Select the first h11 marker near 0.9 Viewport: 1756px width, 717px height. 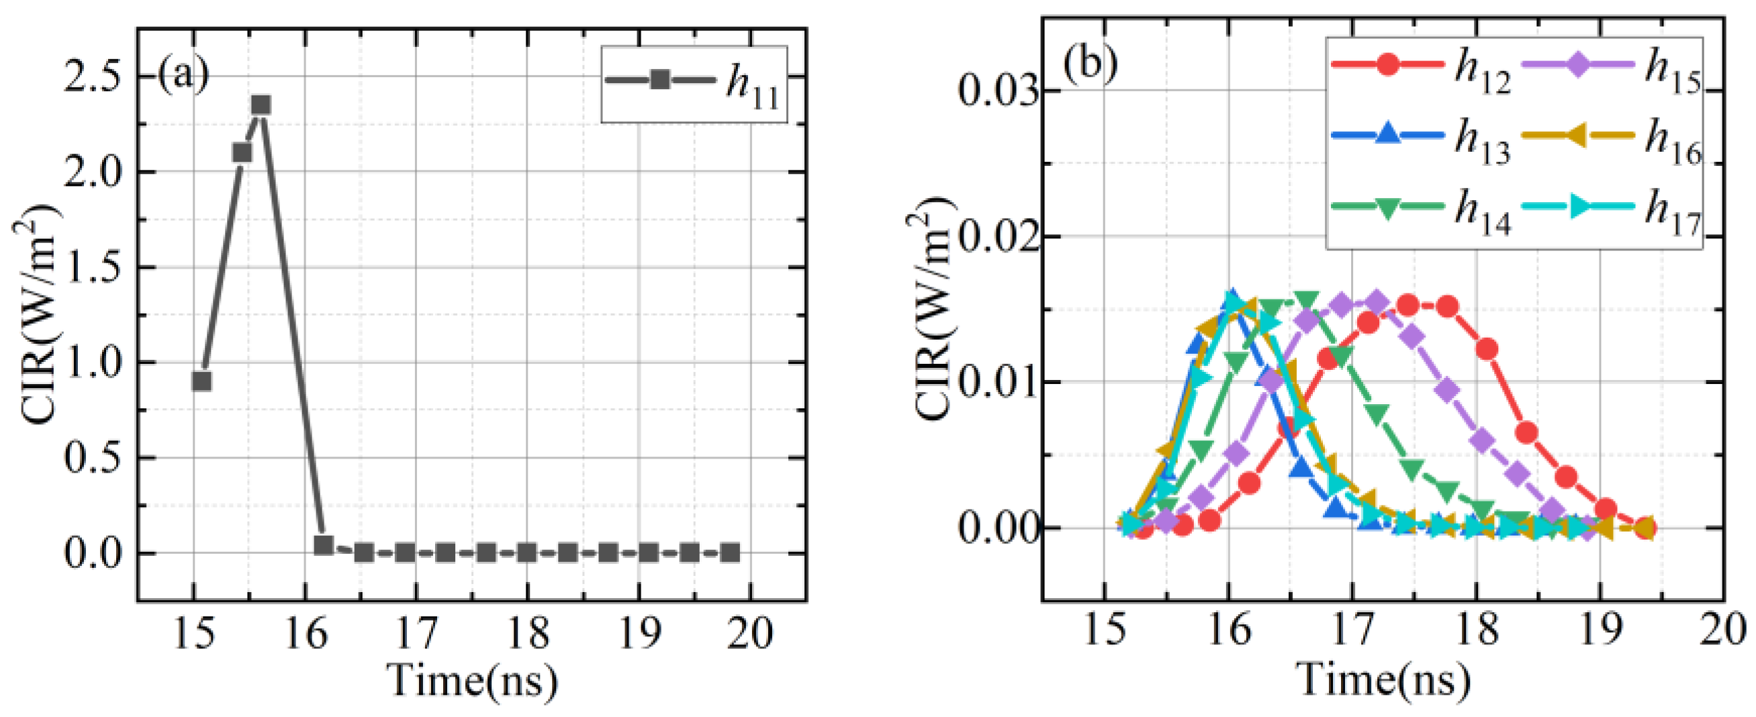(x=201, y=381)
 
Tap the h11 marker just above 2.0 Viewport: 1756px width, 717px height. (x=242, y=152)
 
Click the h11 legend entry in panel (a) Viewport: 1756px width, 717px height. (x=694, y=84)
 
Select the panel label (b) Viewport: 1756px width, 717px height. (x=1090, y=63)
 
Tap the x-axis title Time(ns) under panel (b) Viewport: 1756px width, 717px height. (x=1383, y=679)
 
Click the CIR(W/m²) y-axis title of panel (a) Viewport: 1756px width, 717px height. (x=39, y=314)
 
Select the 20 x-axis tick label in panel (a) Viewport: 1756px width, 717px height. (x=751, y=634)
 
